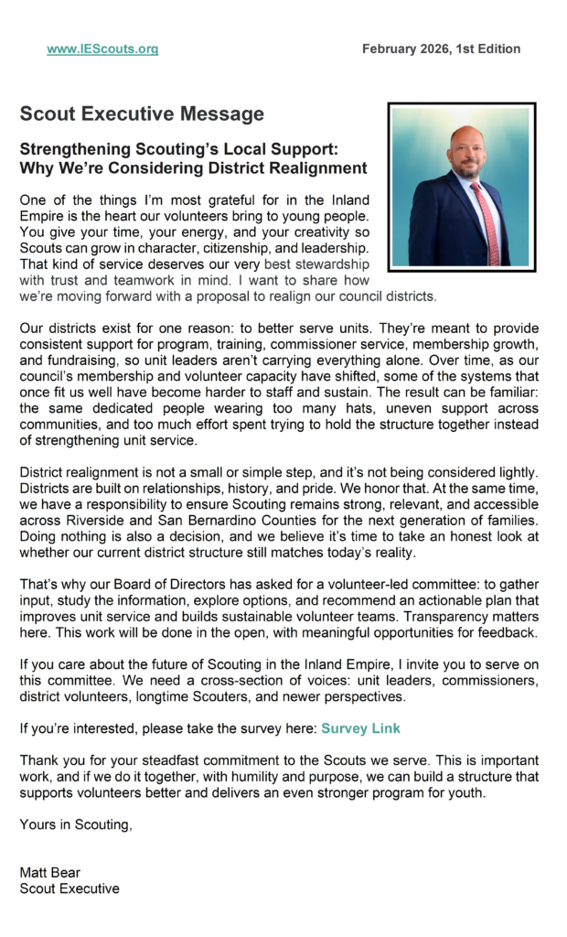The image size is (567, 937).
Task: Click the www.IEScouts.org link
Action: point(102,49)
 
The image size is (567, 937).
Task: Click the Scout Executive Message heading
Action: point(142,114)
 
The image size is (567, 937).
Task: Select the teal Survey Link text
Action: point(360,728)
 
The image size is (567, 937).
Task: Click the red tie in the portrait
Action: point(485,224)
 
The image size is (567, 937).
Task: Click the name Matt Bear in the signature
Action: point(50,872)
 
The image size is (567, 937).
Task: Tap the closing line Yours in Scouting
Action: point(76,824)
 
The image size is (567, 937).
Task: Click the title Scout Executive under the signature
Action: point(70,888)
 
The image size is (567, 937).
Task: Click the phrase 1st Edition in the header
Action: point(490,49)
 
